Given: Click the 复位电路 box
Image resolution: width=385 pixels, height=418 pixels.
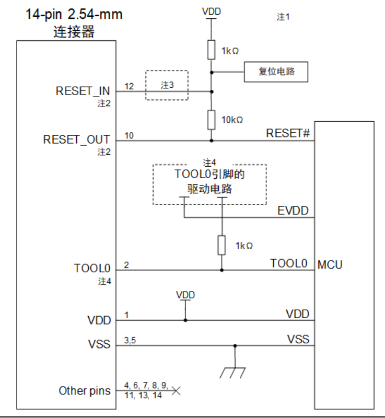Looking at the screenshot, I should coord(276,72).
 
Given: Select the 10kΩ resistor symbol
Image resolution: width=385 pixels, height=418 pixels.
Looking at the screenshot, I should coord(212,120).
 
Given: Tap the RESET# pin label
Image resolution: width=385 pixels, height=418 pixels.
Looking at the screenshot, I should coord(288,133).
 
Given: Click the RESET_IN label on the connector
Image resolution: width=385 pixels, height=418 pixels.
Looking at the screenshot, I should coord(83,91).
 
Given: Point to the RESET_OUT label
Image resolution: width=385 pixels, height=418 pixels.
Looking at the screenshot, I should coord(76,140).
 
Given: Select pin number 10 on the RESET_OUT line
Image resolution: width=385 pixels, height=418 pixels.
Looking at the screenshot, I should coord(129,135).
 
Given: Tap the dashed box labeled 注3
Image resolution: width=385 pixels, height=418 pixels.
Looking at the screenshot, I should coord(166,85).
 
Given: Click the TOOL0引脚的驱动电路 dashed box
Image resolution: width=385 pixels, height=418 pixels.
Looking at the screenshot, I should coord(209,184).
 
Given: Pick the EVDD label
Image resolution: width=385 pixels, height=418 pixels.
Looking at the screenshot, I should coord(293,211).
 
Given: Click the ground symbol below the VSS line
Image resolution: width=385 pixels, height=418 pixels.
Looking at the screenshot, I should coord(235,371).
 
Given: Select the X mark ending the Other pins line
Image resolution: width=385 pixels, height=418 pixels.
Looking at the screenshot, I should coord(176,390).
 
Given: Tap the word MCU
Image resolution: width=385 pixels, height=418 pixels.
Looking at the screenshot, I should coord(330,265).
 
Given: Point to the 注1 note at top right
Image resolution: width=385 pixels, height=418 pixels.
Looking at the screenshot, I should coord(283,17).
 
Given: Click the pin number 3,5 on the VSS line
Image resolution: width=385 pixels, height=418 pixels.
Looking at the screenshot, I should coord(131,340).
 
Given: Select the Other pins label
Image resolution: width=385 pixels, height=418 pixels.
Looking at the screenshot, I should coord(85,390).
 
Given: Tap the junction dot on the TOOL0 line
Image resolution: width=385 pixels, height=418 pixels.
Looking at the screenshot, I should coord(222,270).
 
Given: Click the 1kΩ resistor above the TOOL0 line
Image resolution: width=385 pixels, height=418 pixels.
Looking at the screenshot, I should coord(222,245).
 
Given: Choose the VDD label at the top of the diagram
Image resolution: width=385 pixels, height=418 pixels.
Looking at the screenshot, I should coord(211,11).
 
